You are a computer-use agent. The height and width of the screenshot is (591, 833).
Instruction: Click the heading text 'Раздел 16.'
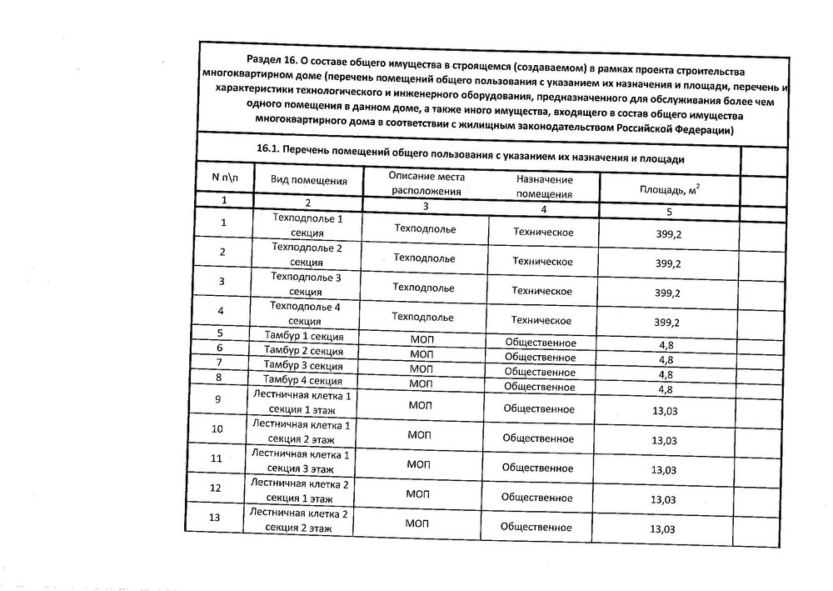273,60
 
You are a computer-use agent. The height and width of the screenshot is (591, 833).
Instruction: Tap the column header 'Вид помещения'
308,180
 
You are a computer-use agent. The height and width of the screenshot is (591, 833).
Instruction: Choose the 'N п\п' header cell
225,177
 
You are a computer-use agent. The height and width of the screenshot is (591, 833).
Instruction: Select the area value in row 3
668,293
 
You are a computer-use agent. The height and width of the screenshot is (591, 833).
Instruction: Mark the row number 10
218,429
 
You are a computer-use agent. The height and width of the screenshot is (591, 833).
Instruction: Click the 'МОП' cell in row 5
421,340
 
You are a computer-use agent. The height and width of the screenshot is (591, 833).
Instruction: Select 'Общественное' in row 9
538,408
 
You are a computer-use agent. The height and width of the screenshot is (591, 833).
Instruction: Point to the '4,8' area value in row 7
666,374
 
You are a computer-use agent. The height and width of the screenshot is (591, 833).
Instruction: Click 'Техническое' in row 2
542,261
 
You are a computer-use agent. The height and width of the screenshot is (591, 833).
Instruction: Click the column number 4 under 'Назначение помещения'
543,209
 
